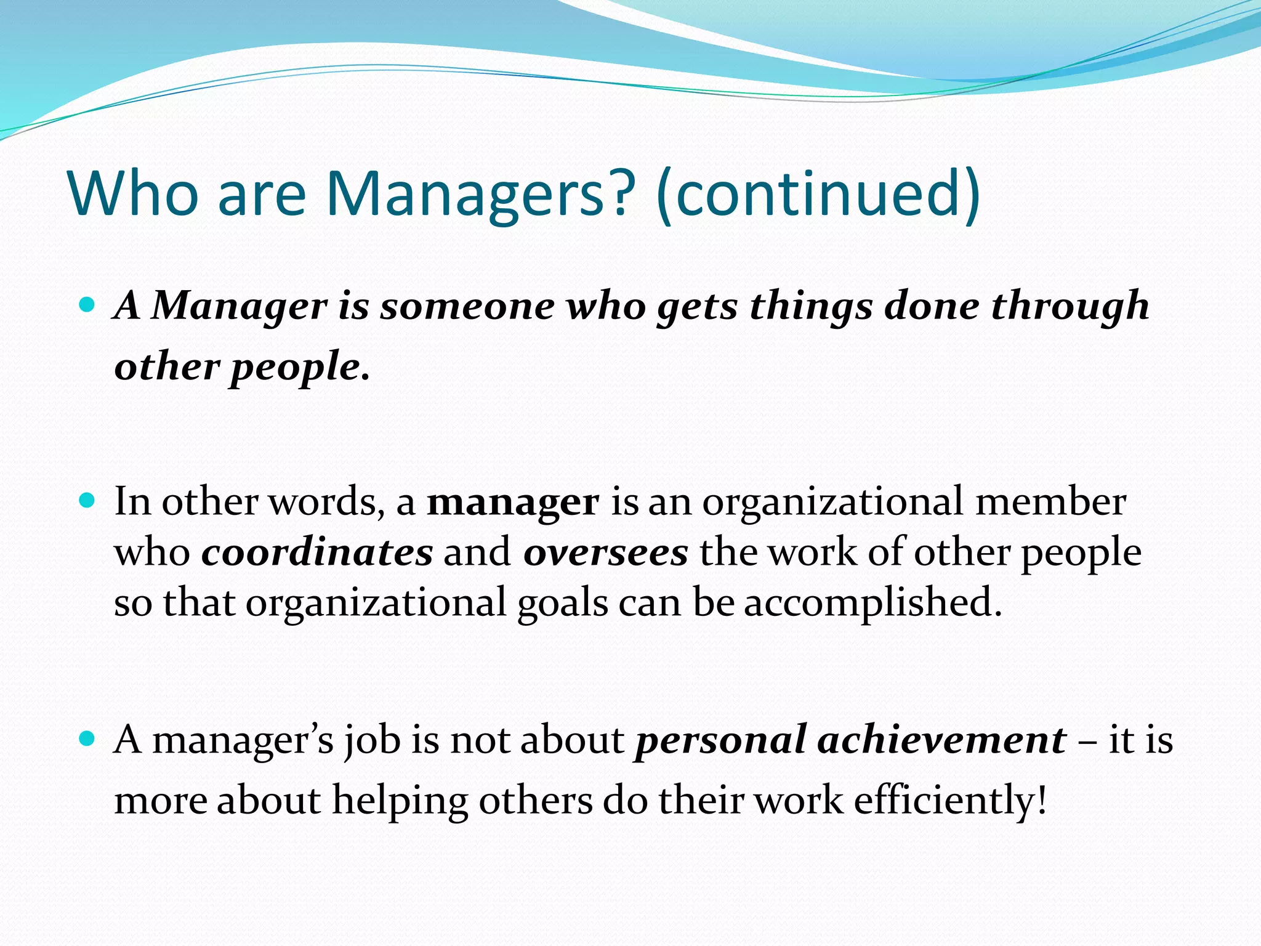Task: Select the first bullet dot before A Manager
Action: pos(87,304)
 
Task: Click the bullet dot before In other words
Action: pos(87,499)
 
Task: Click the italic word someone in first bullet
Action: pos(467,306)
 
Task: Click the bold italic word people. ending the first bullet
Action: pos(300,369)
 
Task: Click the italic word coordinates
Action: pos(317,552)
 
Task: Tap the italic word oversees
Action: pos(605,552)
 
